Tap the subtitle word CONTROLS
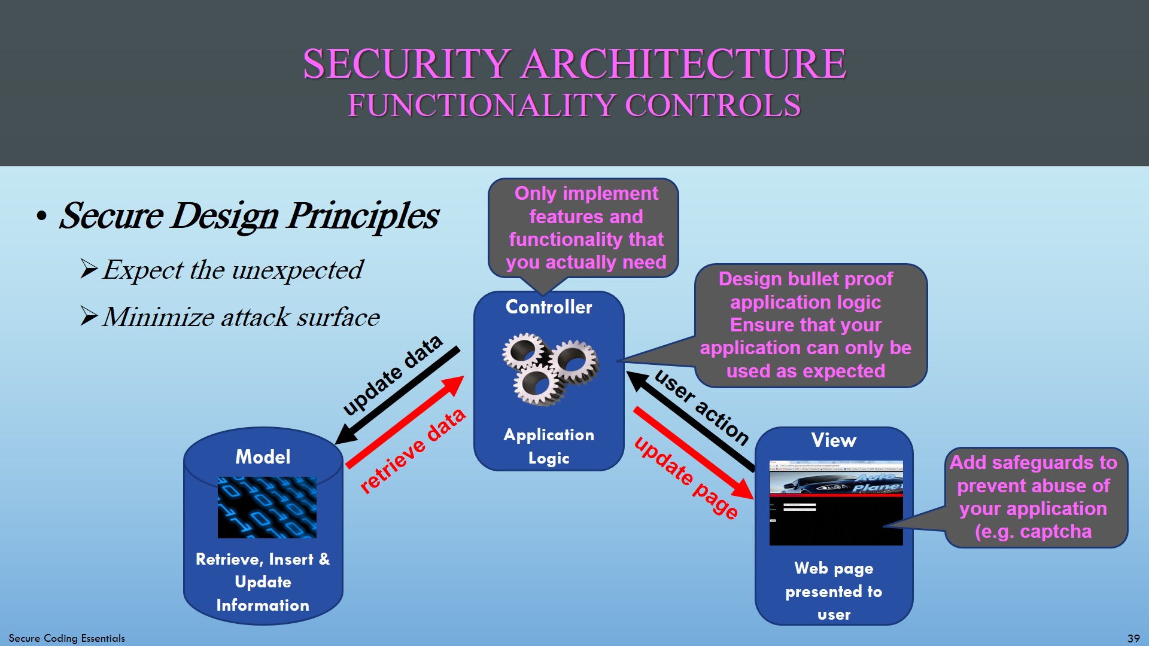pyautogui.click(x=712, y=106)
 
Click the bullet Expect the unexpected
pyautogui.click(x=232, y=270)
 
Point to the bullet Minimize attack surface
pyautogui.click(x=241, y=317)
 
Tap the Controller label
pyautogui.click(x=549, y=307)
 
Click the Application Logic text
pyautogui.click(x=549, y=446)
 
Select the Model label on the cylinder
pyautogui.click(x=263, y=457)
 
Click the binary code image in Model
pyautogui.click(x=267, y=507)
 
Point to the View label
pyautogui.click(x=834, y=441)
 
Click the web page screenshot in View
pyautogui.click(x=836, y=502)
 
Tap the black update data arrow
pyautogui.click(x=398, y=395)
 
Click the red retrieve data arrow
pyautogui.click(x=405, y=422)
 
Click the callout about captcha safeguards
pyautogui.click(x=1036, y=497)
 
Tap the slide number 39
pyautogui.click(x=1133, y=638)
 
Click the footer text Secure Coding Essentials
pyautogui.click(x=67, y=638)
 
